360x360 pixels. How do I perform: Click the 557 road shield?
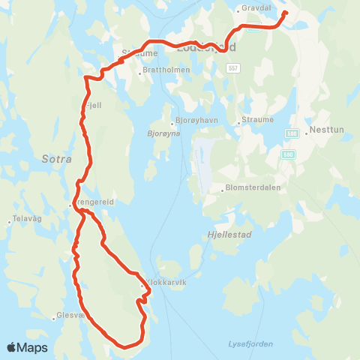coord(234,67)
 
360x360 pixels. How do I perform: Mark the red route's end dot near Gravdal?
coord(285,13)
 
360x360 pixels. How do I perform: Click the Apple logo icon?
coord(12,347)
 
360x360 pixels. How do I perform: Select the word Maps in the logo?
coord(32,347)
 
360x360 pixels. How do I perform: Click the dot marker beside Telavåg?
coord(8,221)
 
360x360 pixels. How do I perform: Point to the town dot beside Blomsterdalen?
coord(223,189)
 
